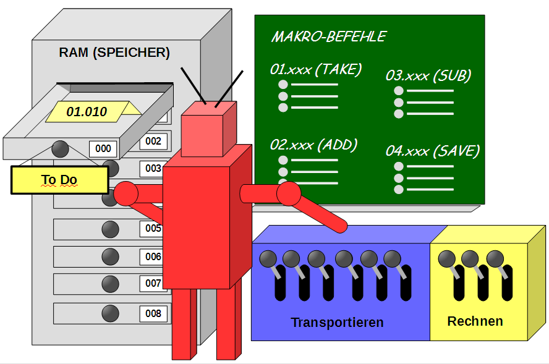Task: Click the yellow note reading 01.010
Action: click(88, 112)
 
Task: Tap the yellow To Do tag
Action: click(59, 180)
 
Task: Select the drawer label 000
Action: click(103, 148)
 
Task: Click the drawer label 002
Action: click(153, 141)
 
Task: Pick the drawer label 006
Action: click(153, 256)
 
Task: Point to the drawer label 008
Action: click(153, 313)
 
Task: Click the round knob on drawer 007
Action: click(110, 284)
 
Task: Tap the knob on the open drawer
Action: click(61, 148)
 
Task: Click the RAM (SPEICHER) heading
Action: click(114, 53)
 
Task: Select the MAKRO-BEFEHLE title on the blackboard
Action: click(328, 36)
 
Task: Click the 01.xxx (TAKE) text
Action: click(315, 69)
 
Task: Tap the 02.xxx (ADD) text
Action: click(313, 145)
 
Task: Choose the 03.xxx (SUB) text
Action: click(428, 75)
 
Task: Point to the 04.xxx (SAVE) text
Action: click(433, 151)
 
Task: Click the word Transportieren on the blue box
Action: click(337, 323)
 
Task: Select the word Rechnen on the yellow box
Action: click(475, 321)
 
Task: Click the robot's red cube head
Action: click(208, 129)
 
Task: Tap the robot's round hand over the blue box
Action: click(288, 194)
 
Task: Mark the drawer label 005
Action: click(153, 228)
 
